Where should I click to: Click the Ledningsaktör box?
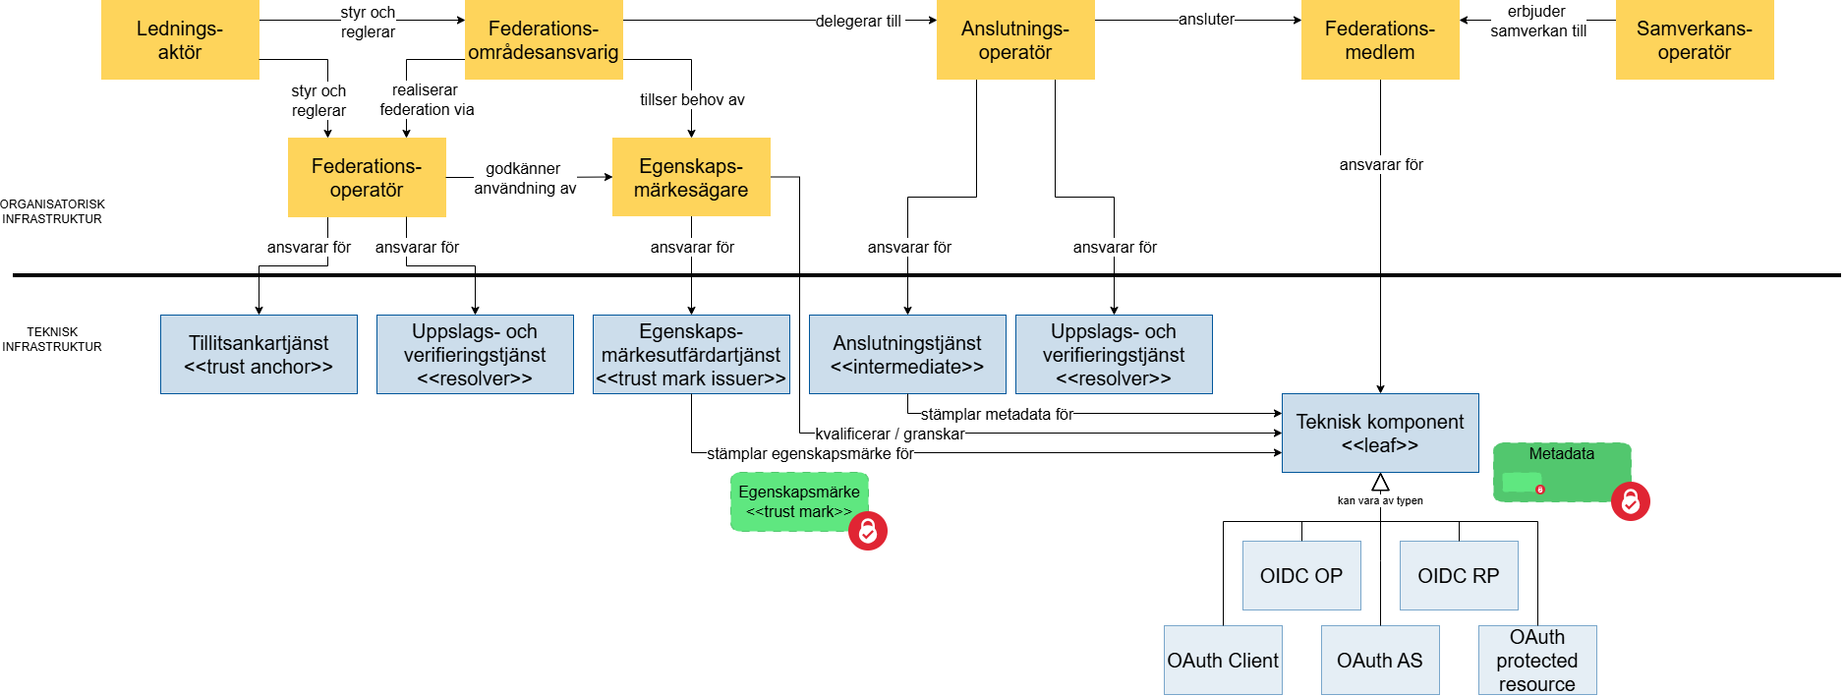(x=180, y=40)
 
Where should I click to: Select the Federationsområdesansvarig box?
(x=544, y=40)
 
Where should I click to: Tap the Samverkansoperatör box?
(x=1694, y=40)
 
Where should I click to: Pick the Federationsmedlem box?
(x=1379, y=40)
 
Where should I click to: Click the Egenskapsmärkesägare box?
(x=691, y=178)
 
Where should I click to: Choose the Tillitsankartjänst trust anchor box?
(x=259, y=355)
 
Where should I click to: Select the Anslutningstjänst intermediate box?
(x=907, y=355)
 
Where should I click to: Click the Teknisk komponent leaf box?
(x=1379, y=434)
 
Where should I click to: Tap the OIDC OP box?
(x=1300, y=576)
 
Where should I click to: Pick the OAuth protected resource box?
(x=1536, y=661)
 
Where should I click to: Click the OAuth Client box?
(x=1223, y=661)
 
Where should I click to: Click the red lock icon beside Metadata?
(x=1630, y=501)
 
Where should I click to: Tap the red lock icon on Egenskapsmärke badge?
(x=868, y=531)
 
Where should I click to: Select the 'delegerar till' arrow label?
(x=858, y=21)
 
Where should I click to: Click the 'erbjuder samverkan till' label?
(x=1537, y=21)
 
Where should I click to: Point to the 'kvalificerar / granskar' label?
(x=890, y=434)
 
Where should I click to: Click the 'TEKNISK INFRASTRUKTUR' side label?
(x=52, y=339)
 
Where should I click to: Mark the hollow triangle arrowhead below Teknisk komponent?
(x=1380, y=483)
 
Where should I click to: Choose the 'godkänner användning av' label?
(x=525, y=178)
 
